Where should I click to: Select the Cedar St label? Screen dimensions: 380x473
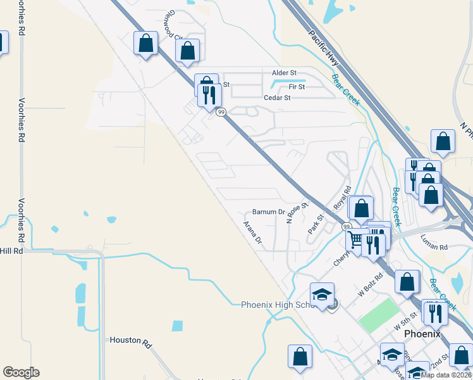point(277,98)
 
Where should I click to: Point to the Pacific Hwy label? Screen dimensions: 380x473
point(324,47)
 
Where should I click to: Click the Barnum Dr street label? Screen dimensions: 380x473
point(269,212)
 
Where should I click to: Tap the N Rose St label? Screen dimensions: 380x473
point(296,213)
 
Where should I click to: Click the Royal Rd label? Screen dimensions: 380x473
point(342,199)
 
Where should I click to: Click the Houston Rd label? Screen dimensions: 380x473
point(131,340)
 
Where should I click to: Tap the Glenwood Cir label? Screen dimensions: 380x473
point(171,27)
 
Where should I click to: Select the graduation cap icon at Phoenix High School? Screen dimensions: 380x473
point(322,294)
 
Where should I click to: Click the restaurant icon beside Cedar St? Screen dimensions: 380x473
point(209,95)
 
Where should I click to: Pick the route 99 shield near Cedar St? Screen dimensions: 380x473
point(221,112)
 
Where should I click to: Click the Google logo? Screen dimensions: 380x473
point(21,372)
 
